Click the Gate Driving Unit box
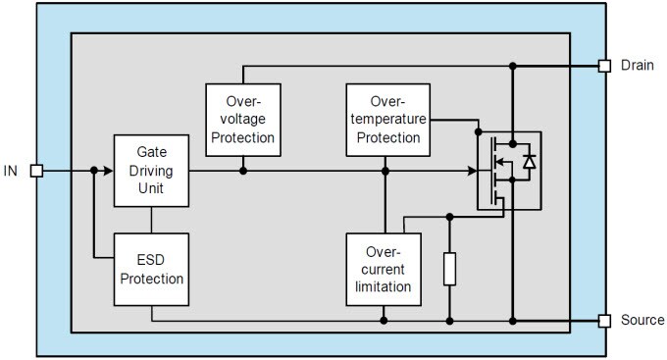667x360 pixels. [151, 171]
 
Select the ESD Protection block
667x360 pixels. [151, 269]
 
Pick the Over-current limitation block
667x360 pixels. [384, 269]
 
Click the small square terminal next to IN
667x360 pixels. [37, 171]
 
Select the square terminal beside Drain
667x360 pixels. [604, 67]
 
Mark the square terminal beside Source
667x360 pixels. [604, 321]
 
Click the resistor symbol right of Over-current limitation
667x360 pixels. [449, 268]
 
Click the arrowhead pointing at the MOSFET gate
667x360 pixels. [471, 171]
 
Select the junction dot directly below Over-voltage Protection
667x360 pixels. [242, 171]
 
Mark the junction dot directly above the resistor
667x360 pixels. [449, 216]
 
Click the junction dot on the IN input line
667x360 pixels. [94, 171]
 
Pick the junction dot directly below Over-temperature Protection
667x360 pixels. [385, 171]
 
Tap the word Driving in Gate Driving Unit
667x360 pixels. [151, 171]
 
